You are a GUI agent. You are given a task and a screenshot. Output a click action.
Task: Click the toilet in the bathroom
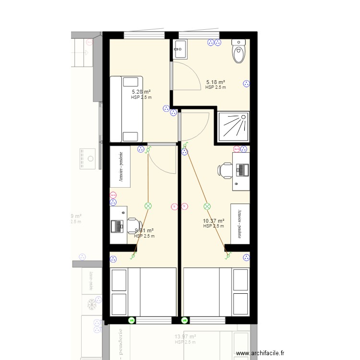coord(239,52)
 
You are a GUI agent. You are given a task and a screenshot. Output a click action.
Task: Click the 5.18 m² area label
coord(216,82)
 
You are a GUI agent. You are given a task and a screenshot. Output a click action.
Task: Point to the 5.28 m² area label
coord(141,92)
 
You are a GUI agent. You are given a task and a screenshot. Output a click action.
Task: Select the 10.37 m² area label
coord(214,221)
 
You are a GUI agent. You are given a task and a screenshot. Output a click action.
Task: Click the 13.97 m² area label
coord(186,337)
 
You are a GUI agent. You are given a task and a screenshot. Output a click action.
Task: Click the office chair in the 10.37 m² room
coord(225,170)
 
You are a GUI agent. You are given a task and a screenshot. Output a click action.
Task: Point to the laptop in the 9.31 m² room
coord(117,225)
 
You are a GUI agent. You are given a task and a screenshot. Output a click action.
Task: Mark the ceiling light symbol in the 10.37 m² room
coord(207,206)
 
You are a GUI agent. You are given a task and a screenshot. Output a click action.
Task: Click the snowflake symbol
coord(91,304)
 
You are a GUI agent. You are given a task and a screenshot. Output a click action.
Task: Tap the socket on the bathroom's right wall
coord(247,84)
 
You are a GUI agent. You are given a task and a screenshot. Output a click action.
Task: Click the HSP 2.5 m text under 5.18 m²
coord(216,87)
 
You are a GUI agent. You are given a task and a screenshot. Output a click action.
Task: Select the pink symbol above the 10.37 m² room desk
coord(237,149)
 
